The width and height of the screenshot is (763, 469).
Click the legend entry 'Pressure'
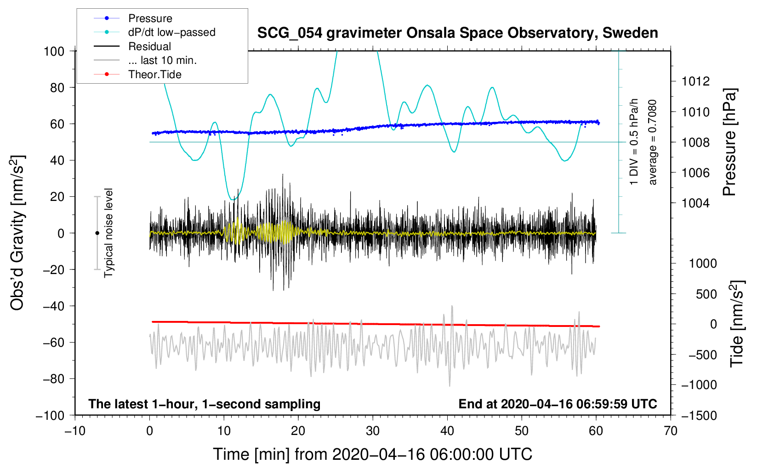(150, 18)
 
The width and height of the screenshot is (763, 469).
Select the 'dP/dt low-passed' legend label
(172, 32)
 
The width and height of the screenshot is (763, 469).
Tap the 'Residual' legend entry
(149, 46)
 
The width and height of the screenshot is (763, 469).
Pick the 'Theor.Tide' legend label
(155, 74)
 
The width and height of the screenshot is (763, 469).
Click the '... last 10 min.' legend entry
(162, 60)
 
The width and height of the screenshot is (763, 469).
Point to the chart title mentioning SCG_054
(457, 33)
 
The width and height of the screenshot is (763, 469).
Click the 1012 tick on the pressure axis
(695, 81)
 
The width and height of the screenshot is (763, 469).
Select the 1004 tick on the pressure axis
(695, 203)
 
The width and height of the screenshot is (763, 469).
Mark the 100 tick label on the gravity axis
(54, 51)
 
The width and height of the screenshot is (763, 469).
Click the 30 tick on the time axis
(373, 431)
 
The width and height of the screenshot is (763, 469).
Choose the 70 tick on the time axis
(670, 431)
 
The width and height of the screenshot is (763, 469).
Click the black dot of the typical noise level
(97, 233)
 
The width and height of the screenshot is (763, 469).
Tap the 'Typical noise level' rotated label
(108, 233)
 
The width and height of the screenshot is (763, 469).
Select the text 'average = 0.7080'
(652, 143)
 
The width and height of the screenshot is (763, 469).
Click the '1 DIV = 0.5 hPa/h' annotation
(633, 142)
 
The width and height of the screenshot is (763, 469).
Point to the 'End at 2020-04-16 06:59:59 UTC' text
(558, 404)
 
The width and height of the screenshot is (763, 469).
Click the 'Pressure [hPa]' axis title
(729, 142)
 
